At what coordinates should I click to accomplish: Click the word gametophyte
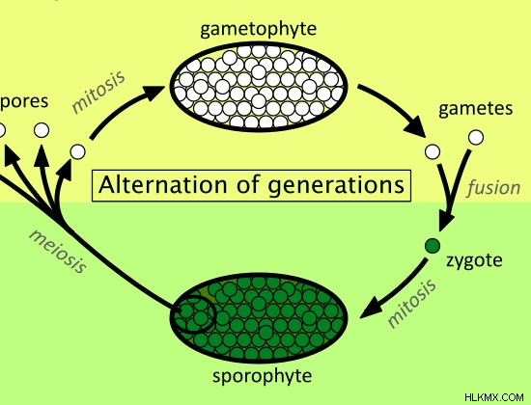(x=259, y=29)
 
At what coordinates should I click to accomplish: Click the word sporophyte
(x=262, y=376)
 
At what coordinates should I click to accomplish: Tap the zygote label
(x=474, y=260)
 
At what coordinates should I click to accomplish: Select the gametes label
(x=475, y=109)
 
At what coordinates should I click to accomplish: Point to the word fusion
(x=493, y=187)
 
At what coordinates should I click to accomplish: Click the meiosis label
(x=58, y=251)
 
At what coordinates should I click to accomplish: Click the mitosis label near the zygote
(x=412, y=303)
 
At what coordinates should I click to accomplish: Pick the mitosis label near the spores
(x=98, y=92)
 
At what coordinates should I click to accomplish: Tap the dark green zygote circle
(x=433, y=246)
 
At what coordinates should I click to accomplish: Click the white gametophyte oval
(x=259, y=87)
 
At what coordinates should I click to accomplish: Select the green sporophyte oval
(x=259, y=317)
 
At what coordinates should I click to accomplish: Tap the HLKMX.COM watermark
(x=494, y=397)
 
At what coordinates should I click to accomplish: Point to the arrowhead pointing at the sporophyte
(x=371, y=309)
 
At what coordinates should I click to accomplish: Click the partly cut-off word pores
(x=24, y=102)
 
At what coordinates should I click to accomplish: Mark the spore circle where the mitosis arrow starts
(x=78, y=151)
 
